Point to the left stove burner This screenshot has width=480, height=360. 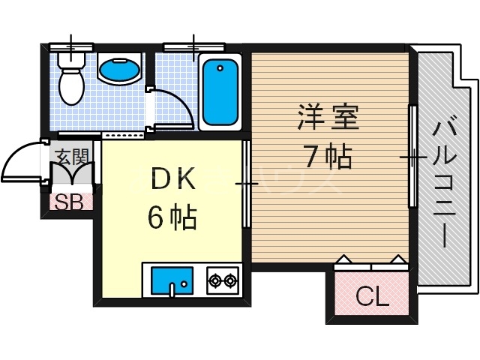click(215, 281)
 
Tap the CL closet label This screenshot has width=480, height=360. click(372, 297)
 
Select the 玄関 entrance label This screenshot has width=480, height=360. click(72, 157)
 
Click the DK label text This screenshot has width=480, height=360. click(173, 181)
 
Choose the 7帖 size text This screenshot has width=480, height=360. click(328, 156)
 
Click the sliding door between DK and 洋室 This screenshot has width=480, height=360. click(247, 183)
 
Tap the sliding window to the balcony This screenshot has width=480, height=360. click(412, 157)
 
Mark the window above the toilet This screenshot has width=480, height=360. click(72, 46)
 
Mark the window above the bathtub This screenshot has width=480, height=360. click(195, 46)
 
